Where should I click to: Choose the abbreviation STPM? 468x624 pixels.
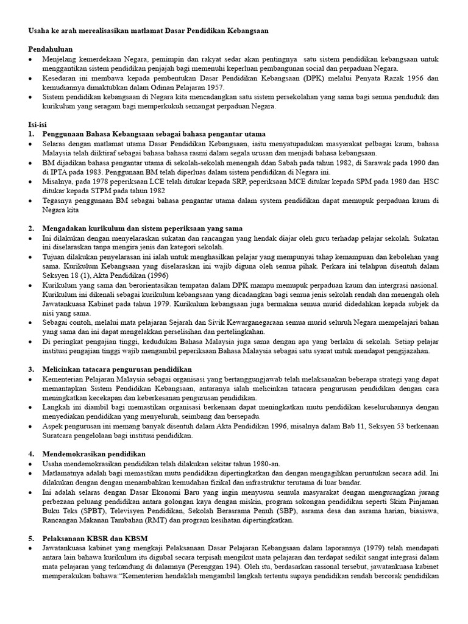coord(112,191)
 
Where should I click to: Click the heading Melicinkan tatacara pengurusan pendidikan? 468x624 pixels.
coord(116,369)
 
